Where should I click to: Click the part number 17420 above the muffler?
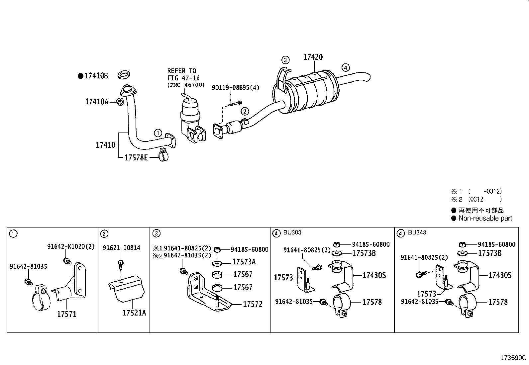pyautogui.click(x=313, y=57)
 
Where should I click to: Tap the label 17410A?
pyautogui.click(x=97, y=102)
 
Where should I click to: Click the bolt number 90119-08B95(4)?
pyautogui.click(x=236, y=88)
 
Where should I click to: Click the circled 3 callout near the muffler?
pyautogui.click(x=285, y=60)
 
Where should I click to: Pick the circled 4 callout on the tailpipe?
pyautogui.click(x=346, y=67)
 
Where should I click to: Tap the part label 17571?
pyautogui.click(x=66, y=314)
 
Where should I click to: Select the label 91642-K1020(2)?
pyautogui.click(x=71, y=246)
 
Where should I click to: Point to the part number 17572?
pyautogui.click(x=253, y=304)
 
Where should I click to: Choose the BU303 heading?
pyautogui.click(x=292, y=232)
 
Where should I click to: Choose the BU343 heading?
pyautogui.click(x=417, y=232)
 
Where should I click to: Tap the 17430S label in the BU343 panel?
pyautogui.click(x=499, y=275)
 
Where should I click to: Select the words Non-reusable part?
pyautogui.click(x=485, y=218)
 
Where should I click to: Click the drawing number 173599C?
pyautogui.click(x=513, y=358)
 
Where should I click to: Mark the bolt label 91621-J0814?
pyautogui.click(x=121, y=248)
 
